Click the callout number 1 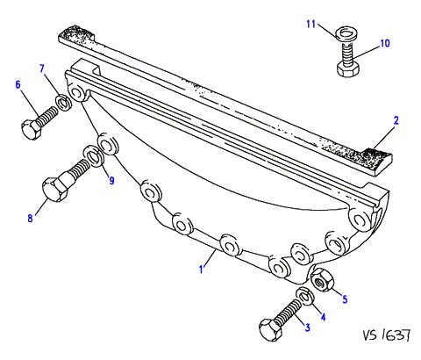click(201, 270)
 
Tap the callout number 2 click(396, 120)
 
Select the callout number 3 click(307, 328)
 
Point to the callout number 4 click(323, 317)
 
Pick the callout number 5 click(345, 299)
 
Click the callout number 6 click(18, 85)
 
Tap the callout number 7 click(42, 69)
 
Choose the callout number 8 click(30, 219)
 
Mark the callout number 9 click(111, 181)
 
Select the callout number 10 click(385, 43)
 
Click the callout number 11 click(311, 24)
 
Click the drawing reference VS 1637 click(387, 335)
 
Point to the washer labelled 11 click(346, 32)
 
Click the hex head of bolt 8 click(55, 190)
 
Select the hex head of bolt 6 click(31, 129)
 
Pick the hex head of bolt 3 click(269, 330)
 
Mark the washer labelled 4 click(304, 296)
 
